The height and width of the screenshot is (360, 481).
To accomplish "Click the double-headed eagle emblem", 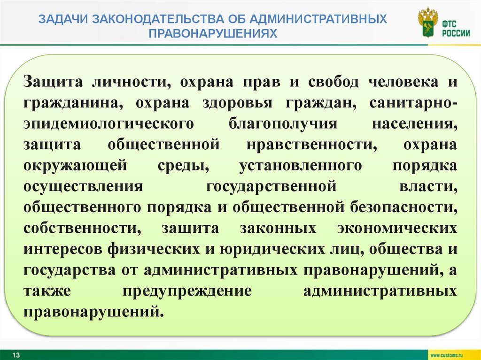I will click(427, 23).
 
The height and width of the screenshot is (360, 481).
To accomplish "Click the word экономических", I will click(397, 228).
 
